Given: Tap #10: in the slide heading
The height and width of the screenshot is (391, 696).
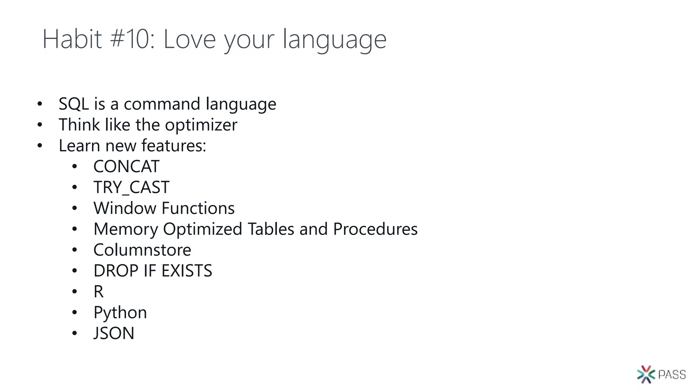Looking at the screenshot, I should coord(133,39).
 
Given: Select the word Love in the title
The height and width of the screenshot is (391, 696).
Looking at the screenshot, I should coord(189,40).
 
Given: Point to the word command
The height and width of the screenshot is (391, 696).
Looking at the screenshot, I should coord(162,104).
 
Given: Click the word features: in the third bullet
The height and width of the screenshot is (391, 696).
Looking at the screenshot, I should coord(174,146).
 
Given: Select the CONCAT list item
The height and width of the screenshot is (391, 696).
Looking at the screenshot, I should coord(126,167).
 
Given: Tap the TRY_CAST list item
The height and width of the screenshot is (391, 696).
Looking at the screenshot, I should coord(131,187).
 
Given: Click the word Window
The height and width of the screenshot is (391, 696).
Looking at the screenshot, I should coord(125,208).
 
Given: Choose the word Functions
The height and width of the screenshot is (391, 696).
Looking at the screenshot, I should coord(198,208).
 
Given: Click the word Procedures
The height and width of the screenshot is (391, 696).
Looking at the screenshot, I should coord(375,229).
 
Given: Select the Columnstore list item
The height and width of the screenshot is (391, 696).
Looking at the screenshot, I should coord(142,250).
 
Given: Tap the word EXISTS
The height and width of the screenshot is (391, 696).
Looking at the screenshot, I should coord(187,271).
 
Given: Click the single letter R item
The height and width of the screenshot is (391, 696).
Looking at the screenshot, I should coord(99,292).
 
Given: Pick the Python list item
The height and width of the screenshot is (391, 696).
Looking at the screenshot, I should coord(120,313).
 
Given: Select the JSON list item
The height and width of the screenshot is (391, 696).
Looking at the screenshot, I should coord(114,333).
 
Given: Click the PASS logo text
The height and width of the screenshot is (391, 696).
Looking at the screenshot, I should coord(672,375).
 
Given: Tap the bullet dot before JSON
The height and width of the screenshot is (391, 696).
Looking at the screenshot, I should coord(75,333).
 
